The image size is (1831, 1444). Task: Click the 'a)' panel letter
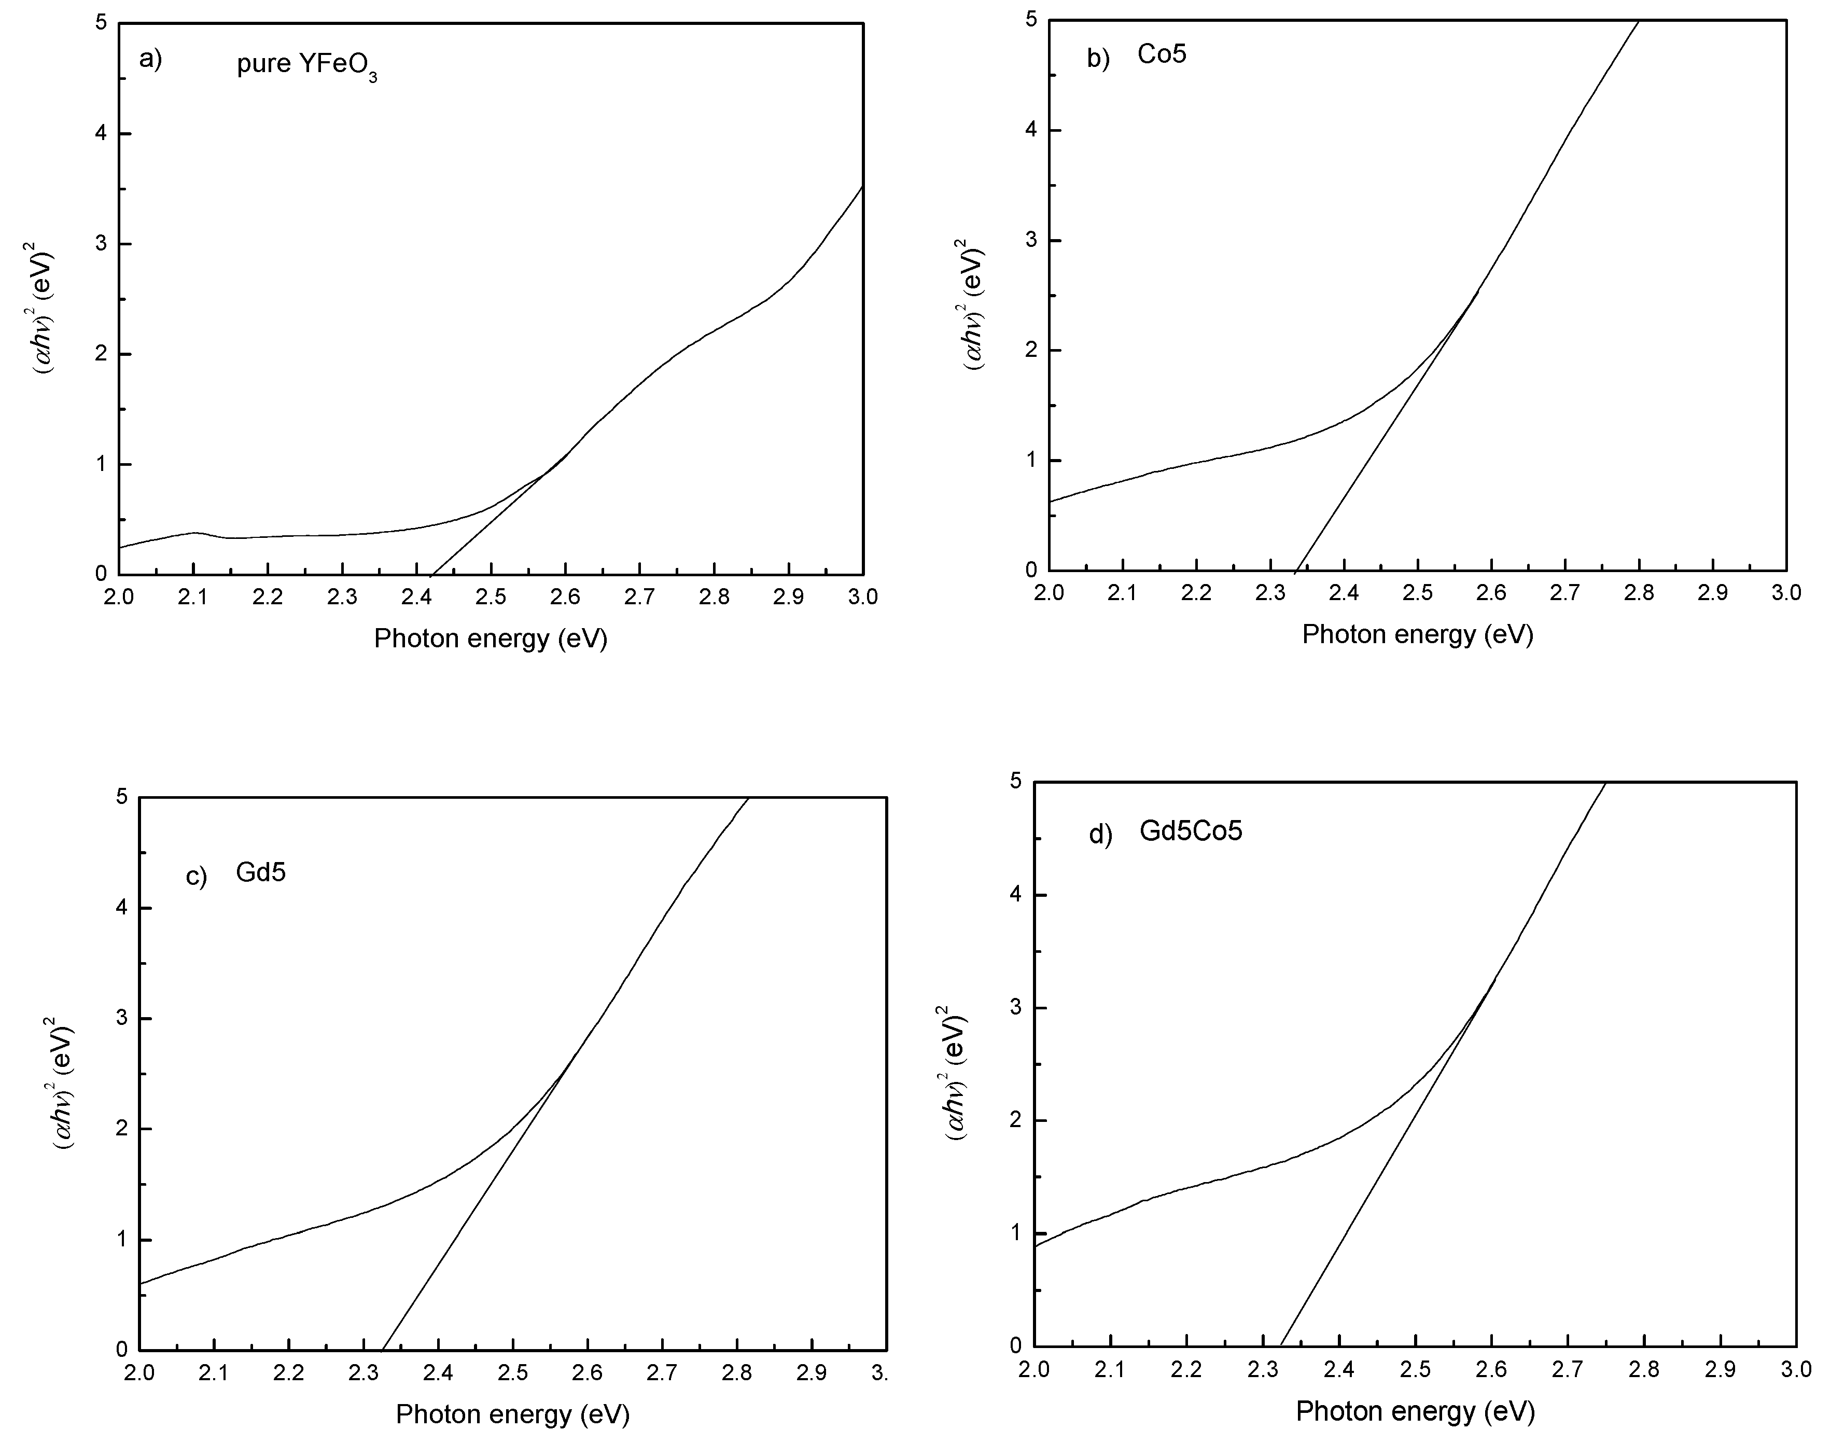coord(150,59)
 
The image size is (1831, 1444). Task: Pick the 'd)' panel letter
coord(1100,835)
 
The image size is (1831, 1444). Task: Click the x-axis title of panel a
coord(491,638)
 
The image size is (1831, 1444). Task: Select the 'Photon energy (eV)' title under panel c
coord(512,1414)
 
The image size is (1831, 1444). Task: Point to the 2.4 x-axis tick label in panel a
coord(416,597)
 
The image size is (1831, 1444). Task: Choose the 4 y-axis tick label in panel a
coord(102,134)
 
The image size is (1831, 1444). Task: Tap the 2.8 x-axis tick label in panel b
coord(1638,593)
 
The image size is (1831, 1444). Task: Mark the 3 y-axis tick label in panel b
coord(1030,240)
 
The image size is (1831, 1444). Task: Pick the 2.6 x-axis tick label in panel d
coord(1491,1369)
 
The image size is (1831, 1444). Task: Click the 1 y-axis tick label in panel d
coord(1016,1233)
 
